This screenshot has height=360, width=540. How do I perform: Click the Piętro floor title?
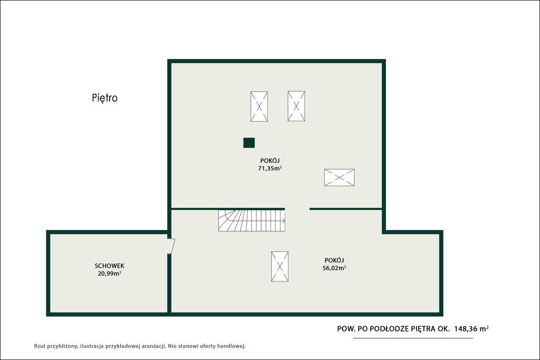tap(105, 98)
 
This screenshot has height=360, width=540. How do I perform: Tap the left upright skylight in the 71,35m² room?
tap(259, 106)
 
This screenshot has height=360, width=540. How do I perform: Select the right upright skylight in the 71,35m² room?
tap(296, 106)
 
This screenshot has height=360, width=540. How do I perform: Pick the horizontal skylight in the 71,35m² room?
tap(340, 178)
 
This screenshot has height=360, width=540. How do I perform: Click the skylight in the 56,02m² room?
tap(279, 266)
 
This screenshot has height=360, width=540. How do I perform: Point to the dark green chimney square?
tap(249, 142)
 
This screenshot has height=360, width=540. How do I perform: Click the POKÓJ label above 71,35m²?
tap(270, 160)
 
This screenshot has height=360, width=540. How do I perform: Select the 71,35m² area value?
tap(270, 168)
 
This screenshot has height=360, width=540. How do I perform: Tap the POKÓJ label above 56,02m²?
tap(334, 260)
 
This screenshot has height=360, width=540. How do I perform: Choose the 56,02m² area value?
tap(334, 268)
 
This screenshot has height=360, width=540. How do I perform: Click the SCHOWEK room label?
tap(110, 266)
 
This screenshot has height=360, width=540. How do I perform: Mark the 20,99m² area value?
tap(110, 274)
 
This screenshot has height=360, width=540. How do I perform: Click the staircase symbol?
tap(252, 221)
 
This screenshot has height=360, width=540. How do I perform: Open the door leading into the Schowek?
tap(172, 246)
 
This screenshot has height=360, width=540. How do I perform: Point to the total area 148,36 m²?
tap(471, 329)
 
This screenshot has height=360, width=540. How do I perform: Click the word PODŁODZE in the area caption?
tap(389, 329)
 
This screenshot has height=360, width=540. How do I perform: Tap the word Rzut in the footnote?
tap(40, 346)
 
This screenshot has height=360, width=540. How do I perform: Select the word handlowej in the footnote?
tap(232, 346)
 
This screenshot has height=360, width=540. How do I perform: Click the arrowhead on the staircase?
tap(284, 221)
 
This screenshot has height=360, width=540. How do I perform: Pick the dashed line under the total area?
tap(413, 339)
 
